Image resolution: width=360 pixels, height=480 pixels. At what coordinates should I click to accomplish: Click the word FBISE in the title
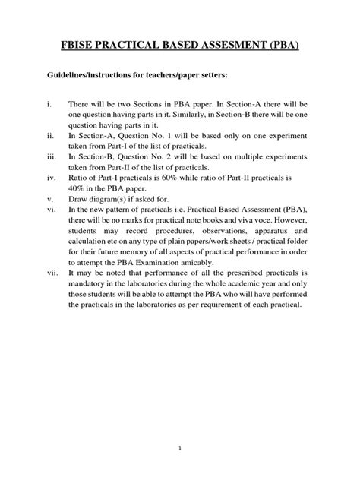click(x=81, y=46)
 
